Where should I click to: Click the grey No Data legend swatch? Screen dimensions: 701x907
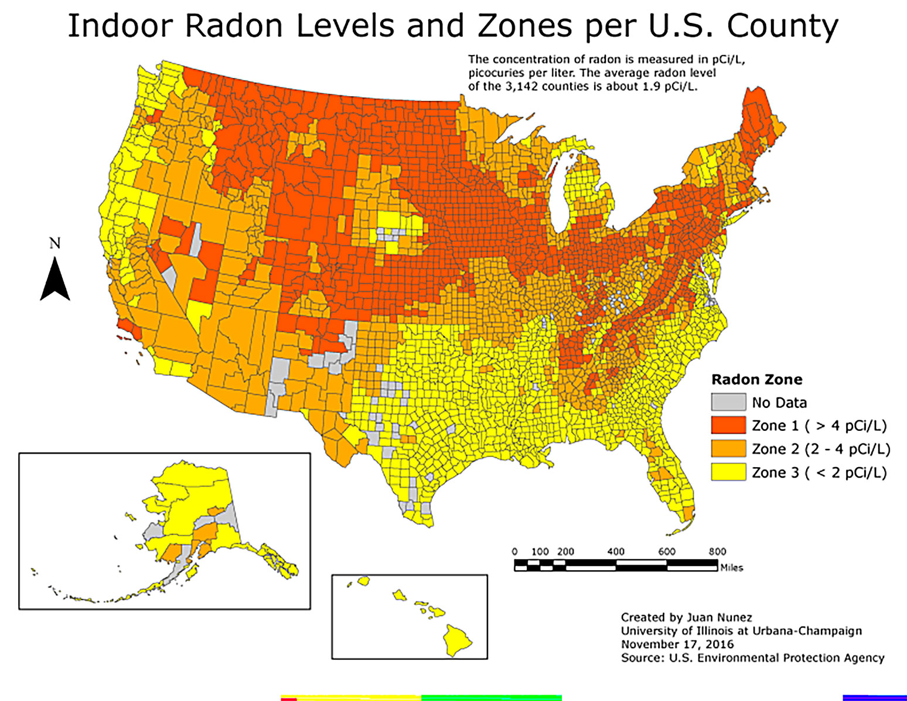click(x=728, y=402)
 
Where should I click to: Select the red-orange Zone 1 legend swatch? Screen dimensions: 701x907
click(x=728, y=426)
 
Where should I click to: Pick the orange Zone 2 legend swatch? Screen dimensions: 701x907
click(x=728, y=449)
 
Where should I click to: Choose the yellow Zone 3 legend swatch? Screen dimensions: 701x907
click(x=728, y=472)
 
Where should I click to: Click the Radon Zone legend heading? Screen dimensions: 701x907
click(x=756, y=379)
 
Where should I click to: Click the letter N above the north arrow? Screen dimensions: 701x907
click(x=55, y=243)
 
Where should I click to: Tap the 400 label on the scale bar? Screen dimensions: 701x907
click(x=616, y=552)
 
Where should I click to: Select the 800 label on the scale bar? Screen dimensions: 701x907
click(x=717, y=552)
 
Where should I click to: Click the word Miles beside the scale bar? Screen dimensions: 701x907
click(x=731, y=567)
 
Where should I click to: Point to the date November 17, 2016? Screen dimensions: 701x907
click(x=677, y=644)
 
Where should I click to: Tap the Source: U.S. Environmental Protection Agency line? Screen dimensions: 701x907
click(x=752, y=658)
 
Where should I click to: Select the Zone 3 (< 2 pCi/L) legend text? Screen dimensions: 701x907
click(x=819, y=472)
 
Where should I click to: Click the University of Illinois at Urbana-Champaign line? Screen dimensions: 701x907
click(x=741, y=631)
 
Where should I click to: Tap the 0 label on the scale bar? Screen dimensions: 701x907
click(x=514, y=552)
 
